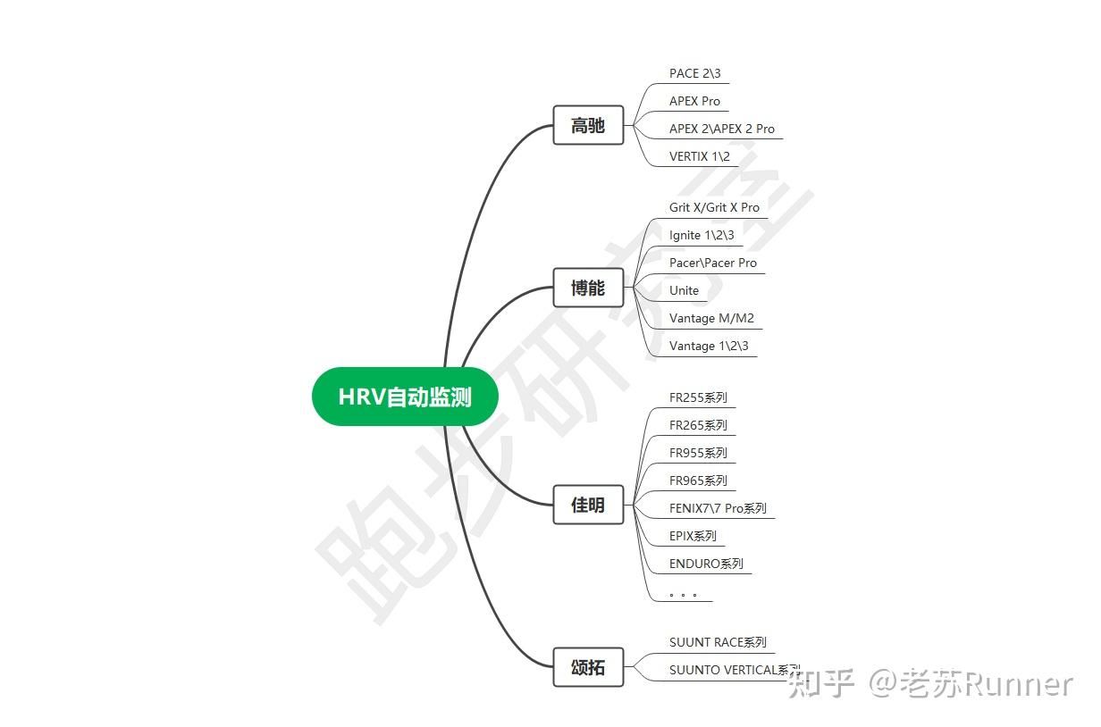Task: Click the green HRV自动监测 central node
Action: click(404, 397)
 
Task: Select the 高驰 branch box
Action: click(588, 126)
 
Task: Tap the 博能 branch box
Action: click(588, 288)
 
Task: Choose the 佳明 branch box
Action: click(588, 506)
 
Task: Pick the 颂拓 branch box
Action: click(588, 668)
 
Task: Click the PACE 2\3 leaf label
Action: click(694, 73)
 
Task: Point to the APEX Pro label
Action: click(694, 101)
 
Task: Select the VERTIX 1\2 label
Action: click(700, 156)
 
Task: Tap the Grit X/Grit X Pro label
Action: click(714, 207)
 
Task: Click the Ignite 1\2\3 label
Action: click(702, 235)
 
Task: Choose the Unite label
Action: click(684, 290)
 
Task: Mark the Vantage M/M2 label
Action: click(711, 318)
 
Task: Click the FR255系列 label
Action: click(698, 397)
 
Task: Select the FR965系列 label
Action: click(698, 480)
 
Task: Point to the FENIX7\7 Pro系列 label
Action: click(718, 508)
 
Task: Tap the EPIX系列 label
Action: click(693, 536)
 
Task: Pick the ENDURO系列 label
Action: click(706, 564)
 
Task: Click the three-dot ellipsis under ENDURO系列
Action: click(683, 593)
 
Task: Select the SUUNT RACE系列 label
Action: click(718, 642)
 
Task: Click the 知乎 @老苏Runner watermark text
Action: click(930, 684)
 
